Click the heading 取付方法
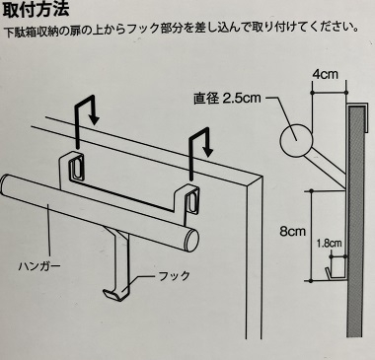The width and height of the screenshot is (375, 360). pyautogui.click(x=36, y=9)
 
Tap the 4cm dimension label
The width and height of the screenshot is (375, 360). pyautogui.click(x=325, y=74)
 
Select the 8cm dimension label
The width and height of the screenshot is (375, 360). pyautogui.click(x=292, y=232)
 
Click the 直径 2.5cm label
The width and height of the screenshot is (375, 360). pyautogui.click(x=227, y=99)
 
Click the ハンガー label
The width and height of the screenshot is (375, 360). pyautogui.click(x=39, y=265)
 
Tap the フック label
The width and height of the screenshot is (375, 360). pyautogui.click(x=174, y=276)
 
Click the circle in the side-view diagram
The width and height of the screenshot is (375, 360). pyautogui.click(x=296, y=141)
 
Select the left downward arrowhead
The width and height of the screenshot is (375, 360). pyautogui.click(x=95, y=119)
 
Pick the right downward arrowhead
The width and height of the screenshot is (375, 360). pyautogui.click(x=207, y=151)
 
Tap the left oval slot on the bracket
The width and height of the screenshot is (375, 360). pyautogui.click(x=76, y=166)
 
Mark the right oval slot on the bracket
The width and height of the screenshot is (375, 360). pyautogui.click(x=191, y=200)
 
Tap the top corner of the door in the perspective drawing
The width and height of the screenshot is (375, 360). pyautogui.click(x=262, y=177)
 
